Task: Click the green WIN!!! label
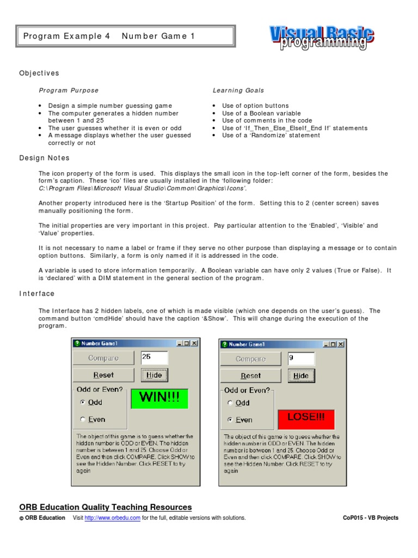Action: (x=159, y=398)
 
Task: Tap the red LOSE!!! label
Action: (x=306, y=418)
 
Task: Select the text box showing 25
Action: (x=154, y=357)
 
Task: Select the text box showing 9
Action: (x=301, y=359)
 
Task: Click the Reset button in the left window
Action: (x=104, y=375)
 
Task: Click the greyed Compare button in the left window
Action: (x=104, y=358)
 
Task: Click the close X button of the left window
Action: (x=194, y=343)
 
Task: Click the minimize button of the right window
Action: (x=326, y=344)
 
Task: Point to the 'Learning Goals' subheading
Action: (x=238, y=90)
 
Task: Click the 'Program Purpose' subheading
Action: (x=69, y=90)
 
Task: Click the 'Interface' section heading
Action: (x=37, y=294)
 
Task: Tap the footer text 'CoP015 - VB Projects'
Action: (x=371, y=518)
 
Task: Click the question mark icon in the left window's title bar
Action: (x=77, y=343)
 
